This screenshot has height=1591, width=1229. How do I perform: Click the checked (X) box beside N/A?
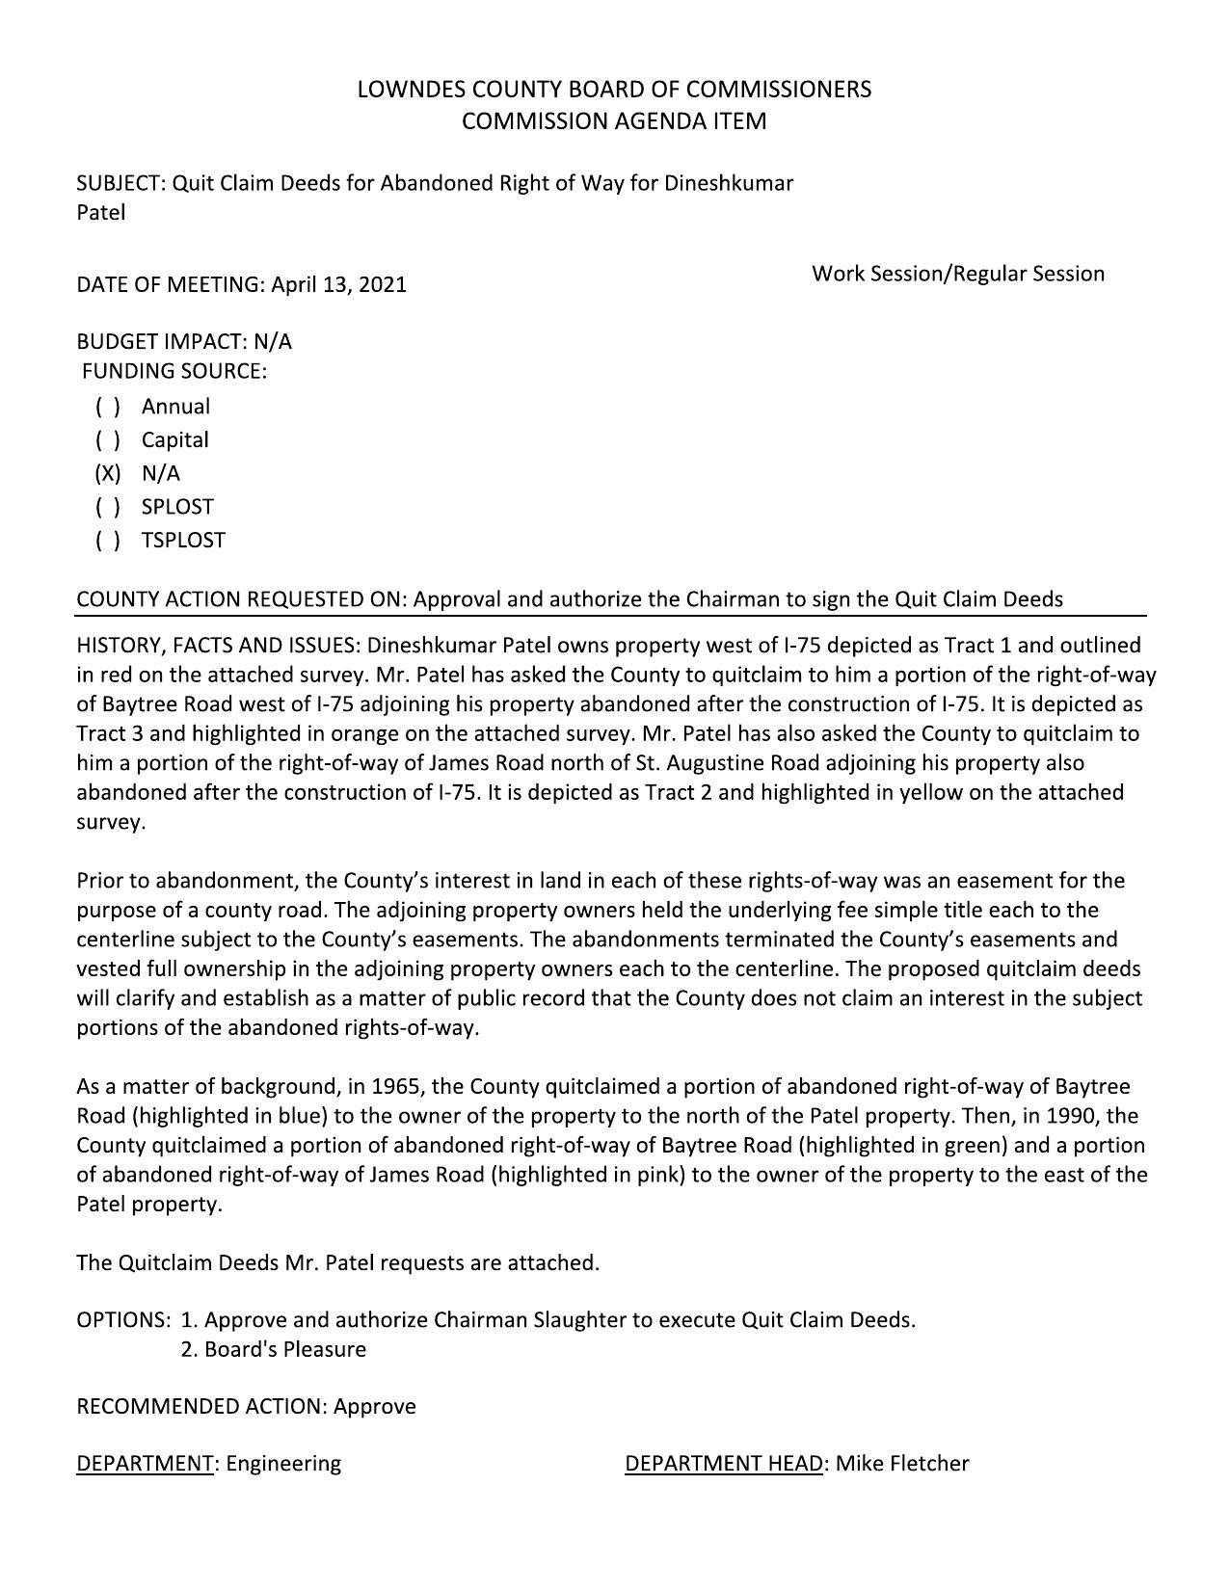click(x=108, y=473)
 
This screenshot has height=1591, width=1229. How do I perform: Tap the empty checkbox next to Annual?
click(x=108, y=407)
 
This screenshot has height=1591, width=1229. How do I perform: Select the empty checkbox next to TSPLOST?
click(x=108, y=541)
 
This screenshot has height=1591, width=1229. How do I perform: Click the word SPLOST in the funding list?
click(x=177, y=507)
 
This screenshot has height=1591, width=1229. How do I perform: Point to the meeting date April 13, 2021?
click(x=338, y=284)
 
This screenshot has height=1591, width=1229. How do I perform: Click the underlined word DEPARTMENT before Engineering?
click(x=145, y=1464)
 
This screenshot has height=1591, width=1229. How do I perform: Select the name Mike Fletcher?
click(x=901, y=1464)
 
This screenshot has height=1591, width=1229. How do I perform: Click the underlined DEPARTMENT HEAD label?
click(x=724, y=1464)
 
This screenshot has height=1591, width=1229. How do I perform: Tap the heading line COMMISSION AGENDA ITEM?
click(x=614, y=121)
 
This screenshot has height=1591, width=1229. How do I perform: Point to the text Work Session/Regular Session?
click(x=958, y=274)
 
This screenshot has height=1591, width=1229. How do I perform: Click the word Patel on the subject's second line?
click(x=101, y=213)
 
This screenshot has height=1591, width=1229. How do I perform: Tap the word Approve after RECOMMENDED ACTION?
click(x=375, y=1407)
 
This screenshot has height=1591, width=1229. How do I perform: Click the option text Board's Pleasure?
click(x=284, y=1349)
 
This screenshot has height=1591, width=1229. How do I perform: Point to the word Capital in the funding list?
click(x=174, y=440)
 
